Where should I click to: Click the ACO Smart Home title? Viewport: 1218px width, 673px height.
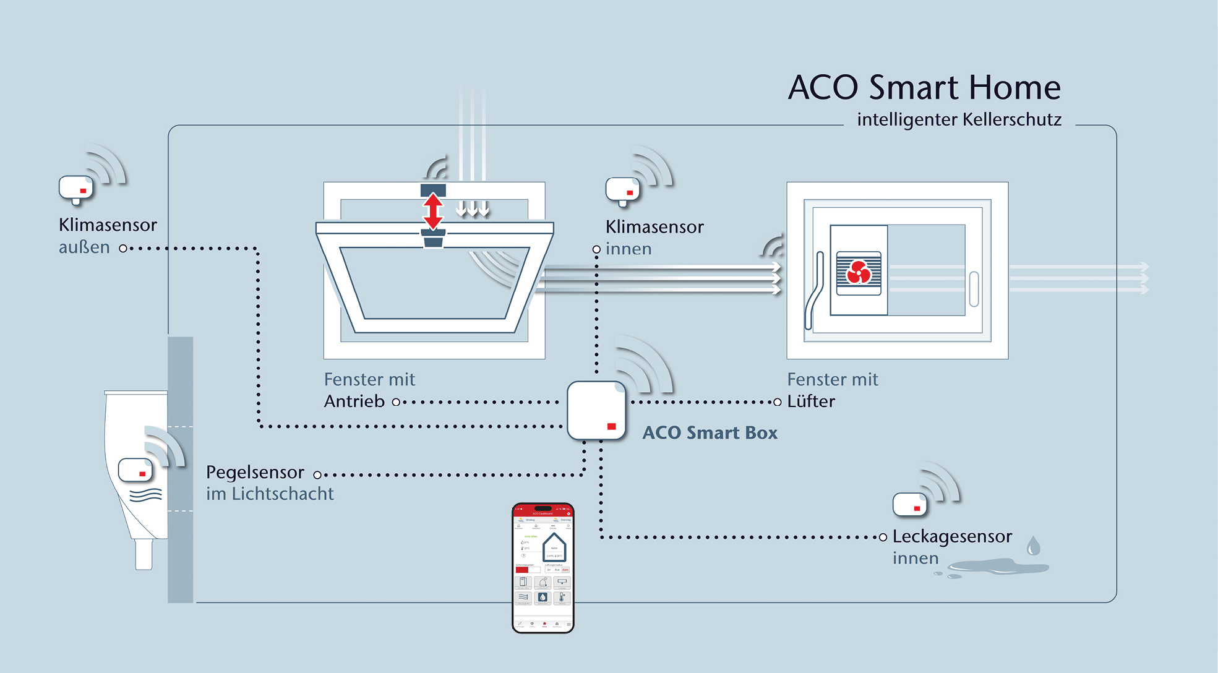[x=924, y=87]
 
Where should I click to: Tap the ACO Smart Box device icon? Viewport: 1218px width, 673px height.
[x=596, y=410]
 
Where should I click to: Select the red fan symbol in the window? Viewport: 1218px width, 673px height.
[x=859, y=272]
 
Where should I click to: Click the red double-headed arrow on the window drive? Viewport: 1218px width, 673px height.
[x=433, y=212]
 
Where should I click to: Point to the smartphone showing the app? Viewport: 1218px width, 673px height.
[x=543, y=567]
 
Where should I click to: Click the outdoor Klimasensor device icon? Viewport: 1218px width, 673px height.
[x=75, y=189]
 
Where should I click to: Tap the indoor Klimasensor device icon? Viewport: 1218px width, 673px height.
[x=622, y=191]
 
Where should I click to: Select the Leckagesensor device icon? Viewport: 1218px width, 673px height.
[x=909, y=504]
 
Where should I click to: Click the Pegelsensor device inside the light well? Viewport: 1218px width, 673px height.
[x=135, y=470]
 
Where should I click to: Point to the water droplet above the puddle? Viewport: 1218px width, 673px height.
[x=1033, y=546]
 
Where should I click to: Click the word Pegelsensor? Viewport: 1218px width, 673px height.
[x=255, y=473]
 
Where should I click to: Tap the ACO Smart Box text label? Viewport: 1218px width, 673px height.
[x=710, y=433]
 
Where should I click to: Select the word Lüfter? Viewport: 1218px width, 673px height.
[x=811, y=401]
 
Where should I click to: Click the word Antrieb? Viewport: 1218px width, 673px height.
[x=354, y=401]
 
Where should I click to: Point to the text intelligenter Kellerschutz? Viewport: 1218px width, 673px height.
[x=959, y=119]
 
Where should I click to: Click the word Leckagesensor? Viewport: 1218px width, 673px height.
[x=952, y=536]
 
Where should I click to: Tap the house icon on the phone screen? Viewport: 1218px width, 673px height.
[x=554, y=547]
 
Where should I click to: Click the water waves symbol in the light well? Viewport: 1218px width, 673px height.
[x=146, y=494]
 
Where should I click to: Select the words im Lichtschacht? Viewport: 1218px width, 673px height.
[x=270, y=494]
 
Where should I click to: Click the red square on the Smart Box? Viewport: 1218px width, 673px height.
[x=612, y=426]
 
